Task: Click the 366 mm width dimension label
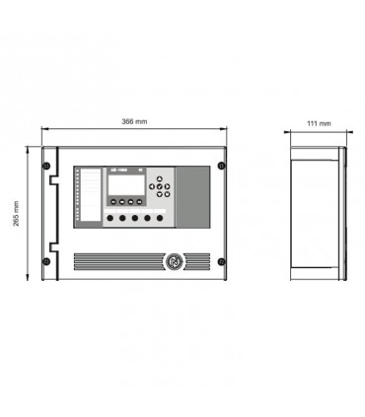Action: coord(134,121)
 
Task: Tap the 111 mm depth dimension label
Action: coord(318,124)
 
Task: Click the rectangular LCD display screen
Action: coord(121,184)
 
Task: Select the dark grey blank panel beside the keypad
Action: coord(192,194)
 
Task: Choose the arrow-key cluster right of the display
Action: coord(161,183)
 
